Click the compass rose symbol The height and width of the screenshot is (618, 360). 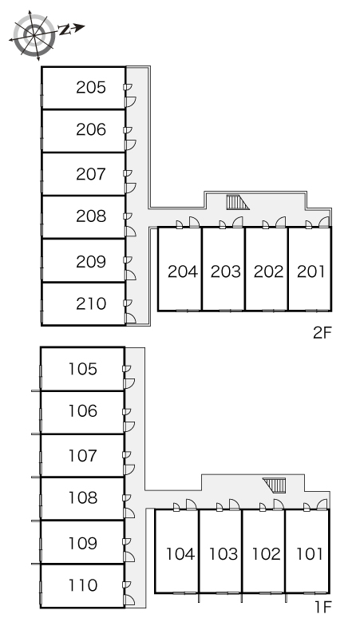[x=34, y=35]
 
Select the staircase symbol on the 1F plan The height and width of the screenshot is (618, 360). [x=275, y=485]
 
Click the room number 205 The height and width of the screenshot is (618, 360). [x=91, y=87]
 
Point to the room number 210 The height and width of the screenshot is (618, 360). [x=91, y=303]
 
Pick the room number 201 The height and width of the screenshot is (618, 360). [x=311, y=271]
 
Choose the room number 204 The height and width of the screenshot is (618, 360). [x=182, y=271]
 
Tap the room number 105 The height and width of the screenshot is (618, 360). [x=83, y=369]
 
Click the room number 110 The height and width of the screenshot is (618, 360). [x=83, y=585]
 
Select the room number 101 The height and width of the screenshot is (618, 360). [x=310, y=554]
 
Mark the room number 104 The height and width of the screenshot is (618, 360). [x=180, y=554]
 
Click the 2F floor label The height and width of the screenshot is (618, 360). [x=322, y=333]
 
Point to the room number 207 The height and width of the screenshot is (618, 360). [x=91, y=174]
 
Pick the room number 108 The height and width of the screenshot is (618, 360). [x=83, y=497]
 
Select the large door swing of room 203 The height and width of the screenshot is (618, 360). [x=238, y=221]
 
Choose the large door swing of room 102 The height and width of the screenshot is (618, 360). [x=279, y=504]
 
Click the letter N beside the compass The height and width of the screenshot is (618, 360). [x=64, y=30]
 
